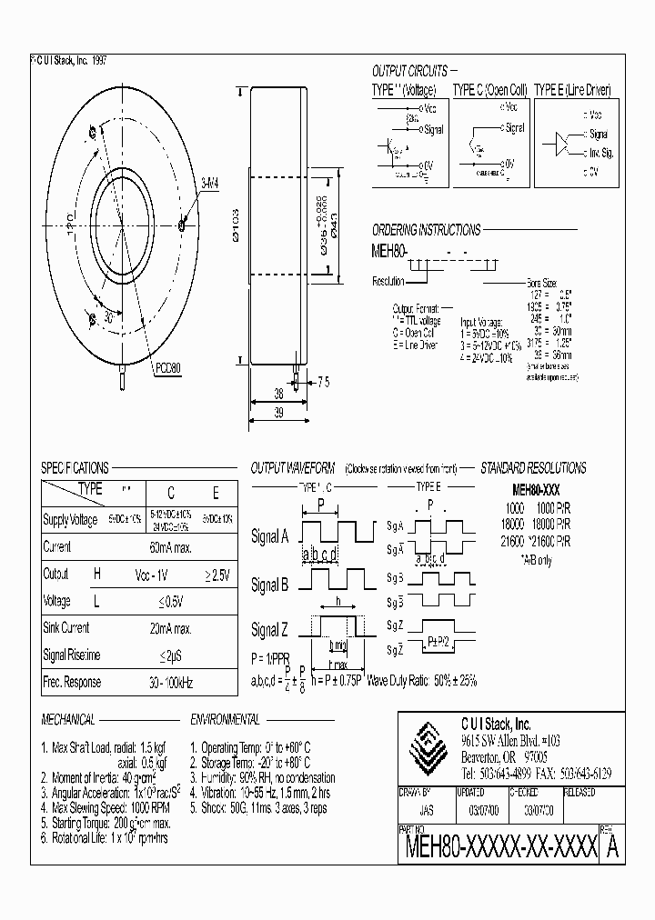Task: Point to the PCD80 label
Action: (167, 368)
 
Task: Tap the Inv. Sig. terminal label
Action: (601, 152)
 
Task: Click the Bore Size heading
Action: (548, 284)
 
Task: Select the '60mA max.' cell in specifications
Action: (170, 547)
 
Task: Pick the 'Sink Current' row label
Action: (66, 627)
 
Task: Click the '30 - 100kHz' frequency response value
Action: (169, 682)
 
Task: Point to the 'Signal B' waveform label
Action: (269, 585)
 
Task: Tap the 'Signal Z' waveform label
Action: (269, 630)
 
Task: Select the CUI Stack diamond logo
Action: (428, 746)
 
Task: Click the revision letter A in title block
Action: (613, 847)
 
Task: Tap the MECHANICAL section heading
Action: (68, 719)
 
